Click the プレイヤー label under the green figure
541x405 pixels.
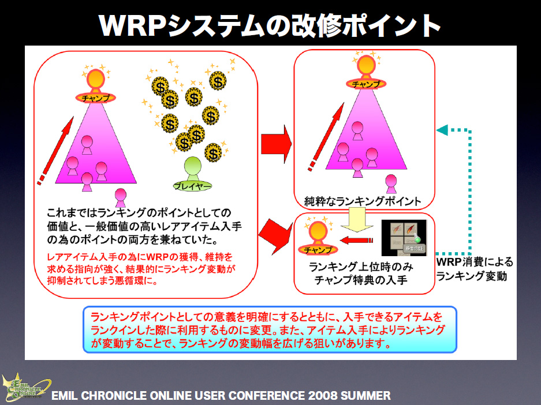[x=192, y=186]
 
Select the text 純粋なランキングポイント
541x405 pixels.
[x=363, y=201]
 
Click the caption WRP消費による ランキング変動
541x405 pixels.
[x=473, y=269]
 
